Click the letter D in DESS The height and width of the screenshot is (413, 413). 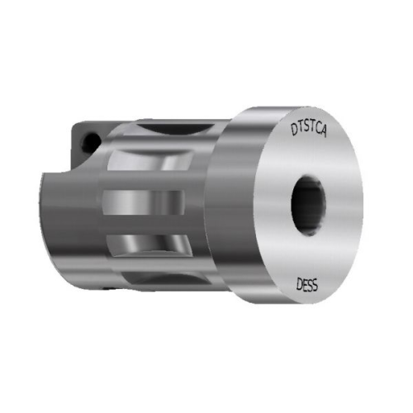299,285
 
